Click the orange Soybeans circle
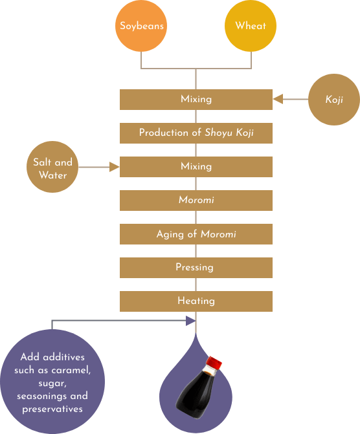click(x=141, y=26)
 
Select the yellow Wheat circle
click(x=251, y=26)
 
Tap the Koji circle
click(x=334, y=100)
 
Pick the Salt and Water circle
click(x=52, y=167)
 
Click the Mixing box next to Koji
click(x=196, y=100)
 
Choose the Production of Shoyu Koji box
click(x=196, y=133)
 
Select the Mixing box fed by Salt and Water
click(x=196, y=167)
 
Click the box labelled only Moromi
click(x=196, y=201)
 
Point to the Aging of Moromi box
click(x=196, y=234)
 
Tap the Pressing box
click(x=196, y=268)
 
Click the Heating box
click(x=196, y=301)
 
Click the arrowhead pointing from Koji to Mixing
click(x=278, y=99)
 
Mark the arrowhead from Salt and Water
click(x=114, y=167)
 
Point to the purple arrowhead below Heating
click(x=190, y=321)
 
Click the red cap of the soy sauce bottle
click(x=214, y=362)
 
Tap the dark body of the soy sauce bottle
click(x=194, y=394)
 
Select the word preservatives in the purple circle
click(x=52, y=409)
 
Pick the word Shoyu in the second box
click(x=218, y=133)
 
